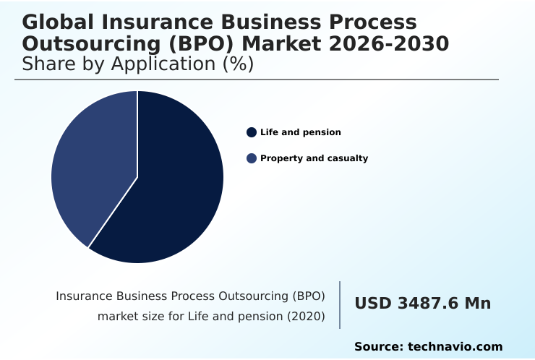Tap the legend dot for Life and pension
point(252,132)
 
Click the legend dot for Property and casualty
point(252,158)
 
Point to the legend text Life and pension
point(300,132)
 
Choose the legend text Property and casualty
point(314,158)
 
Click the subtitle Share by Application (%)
point(137,64)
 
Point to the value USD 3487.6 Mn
point(422,304)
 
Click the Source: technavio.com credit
point(428,347)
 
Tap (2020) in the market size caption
point(307,316)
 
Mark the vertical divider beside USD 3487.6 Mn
point(340,305)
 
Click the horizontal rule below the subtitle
point(257,80)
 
